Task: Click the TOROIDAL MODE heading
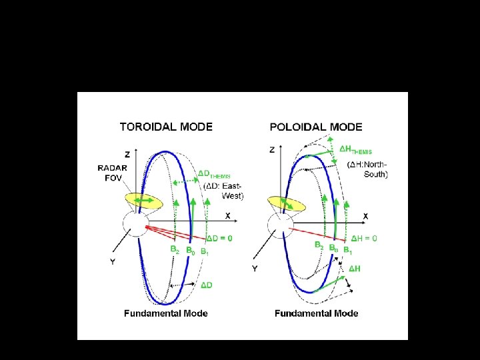pyautogui.click(x=166, y=126)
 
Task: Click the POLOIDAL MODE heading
pyautogui.click(x=316, y=126)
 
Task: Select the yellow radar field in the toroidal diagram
pyautogui.click(x=143, y=200)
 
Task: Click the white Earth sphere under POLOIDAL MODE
pyautogui.click(x=280, y=225)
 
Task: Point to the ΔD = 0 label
pyautogui.click(x=219, y=238)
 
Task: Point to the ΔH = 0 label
pyautogui.click(x=364, y=238)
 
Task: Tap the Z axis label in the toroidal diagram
pyautogui.click(x=127, y=154)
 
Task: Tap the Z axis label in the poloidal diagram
pyautogui.click(x=272, y=150)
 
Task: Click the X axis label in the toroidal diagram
pyautogui.click(x=227, y=216)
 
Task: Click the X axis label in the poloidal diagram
pyautogui.click(x=365, y=216)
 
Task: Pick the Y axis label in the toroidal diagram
pyautogui.click(x=112, y=262)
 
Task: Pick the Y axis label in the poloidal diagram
pyautogui.click(x=255, y=269)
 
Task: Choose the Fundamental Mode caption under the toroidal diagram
pyautogui.click(x=166, y=313)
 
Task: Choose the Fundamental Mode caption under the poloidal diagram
pyautogui.click(x=316, y=313)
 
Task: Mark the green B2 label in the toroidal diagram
pyautogui.click(x=174, y=251)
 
